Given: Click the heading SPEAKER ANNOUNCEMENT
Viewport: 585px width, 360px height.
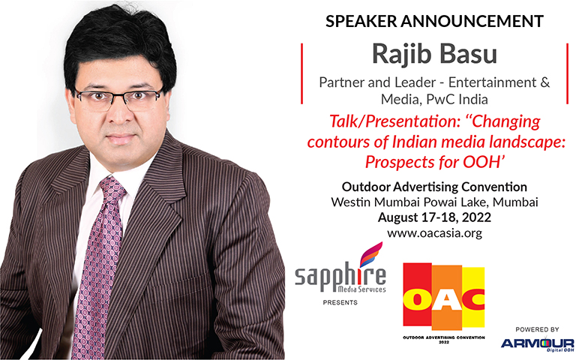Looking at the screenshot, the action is click(x=434, y=21).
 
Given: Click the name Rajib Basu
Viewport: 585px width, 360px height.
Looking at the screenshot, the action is click(x=435, y=54).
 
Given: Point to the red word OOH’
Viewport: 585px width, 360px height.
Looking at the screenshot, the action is click(x=484, y=162).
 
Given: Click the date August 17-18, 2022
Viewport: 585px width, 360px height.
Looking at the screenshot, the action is click(x=435, y=217).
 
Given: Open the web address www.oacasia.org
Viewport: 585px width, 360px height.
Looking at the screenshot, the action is click(x=435, y=233).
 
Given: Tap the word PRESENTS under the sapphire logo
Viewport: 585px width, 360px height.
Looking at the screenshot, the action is click(x=340, y=302).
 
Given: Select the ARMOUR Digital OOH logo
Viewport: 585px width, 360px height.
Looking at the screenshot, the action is click(x=537, y=344).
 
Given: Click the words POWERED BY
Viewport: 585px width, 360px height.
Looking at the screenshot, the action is click(x=537, y=329).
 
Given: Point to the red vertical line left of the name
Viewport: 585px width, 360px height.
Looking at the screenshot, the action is click(x=301, y=73).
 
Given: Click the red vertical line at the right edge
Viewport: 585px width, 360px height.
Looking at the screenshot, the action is click(x=568, y=73).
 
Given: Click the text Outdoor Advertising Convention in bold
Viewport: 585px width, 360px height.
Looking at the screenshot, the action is click(x=435, y=187).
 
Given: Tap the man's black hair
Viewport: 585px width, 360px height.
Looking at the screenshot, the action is click(x=119, y=43).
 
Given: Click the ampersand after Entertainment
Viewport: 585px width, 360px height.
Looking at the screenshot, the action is click(x=544, y=82).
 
